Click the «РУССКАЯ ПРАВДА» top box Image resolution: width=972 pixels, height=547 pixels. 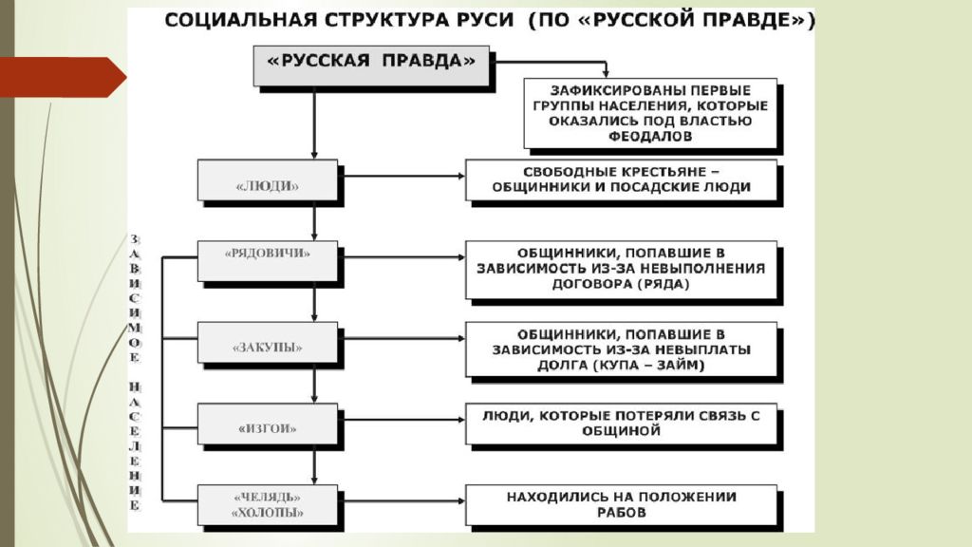[x=371, y=66]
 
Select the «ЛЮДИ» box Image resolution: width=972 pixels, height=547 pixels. [x=268, y=180]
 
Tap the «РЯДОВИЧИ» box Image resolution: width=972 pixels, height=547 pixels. [x=268, y=261]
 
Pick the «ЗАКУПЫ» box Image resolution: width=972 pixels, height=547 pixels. [x=268, y=342]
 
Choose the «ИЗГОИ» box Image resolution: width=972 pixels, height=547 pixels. [x=268, y=424]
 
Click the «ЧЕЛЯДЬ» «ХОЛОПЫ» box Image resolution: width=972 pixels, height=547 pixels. [x=268, y=505]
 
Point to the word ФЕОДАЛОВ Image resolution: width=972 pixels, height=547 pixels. [x=650, y=137]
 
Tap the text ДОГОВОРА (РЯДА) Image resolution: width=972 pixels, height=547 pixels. [x=621, y=284]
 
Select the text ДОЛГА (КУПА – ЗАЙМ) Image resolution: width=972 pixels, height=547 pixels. [x=621, y=366]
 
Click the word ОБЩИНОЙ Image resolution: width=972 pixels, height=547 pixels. [x=621, y=431]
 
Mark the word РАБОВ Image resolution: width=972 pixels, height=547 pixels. [x=621, y=513]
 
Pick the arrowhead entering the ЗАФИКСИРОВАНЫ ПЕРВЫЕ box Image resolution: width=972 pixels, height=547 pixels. [x=606, y=72]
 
